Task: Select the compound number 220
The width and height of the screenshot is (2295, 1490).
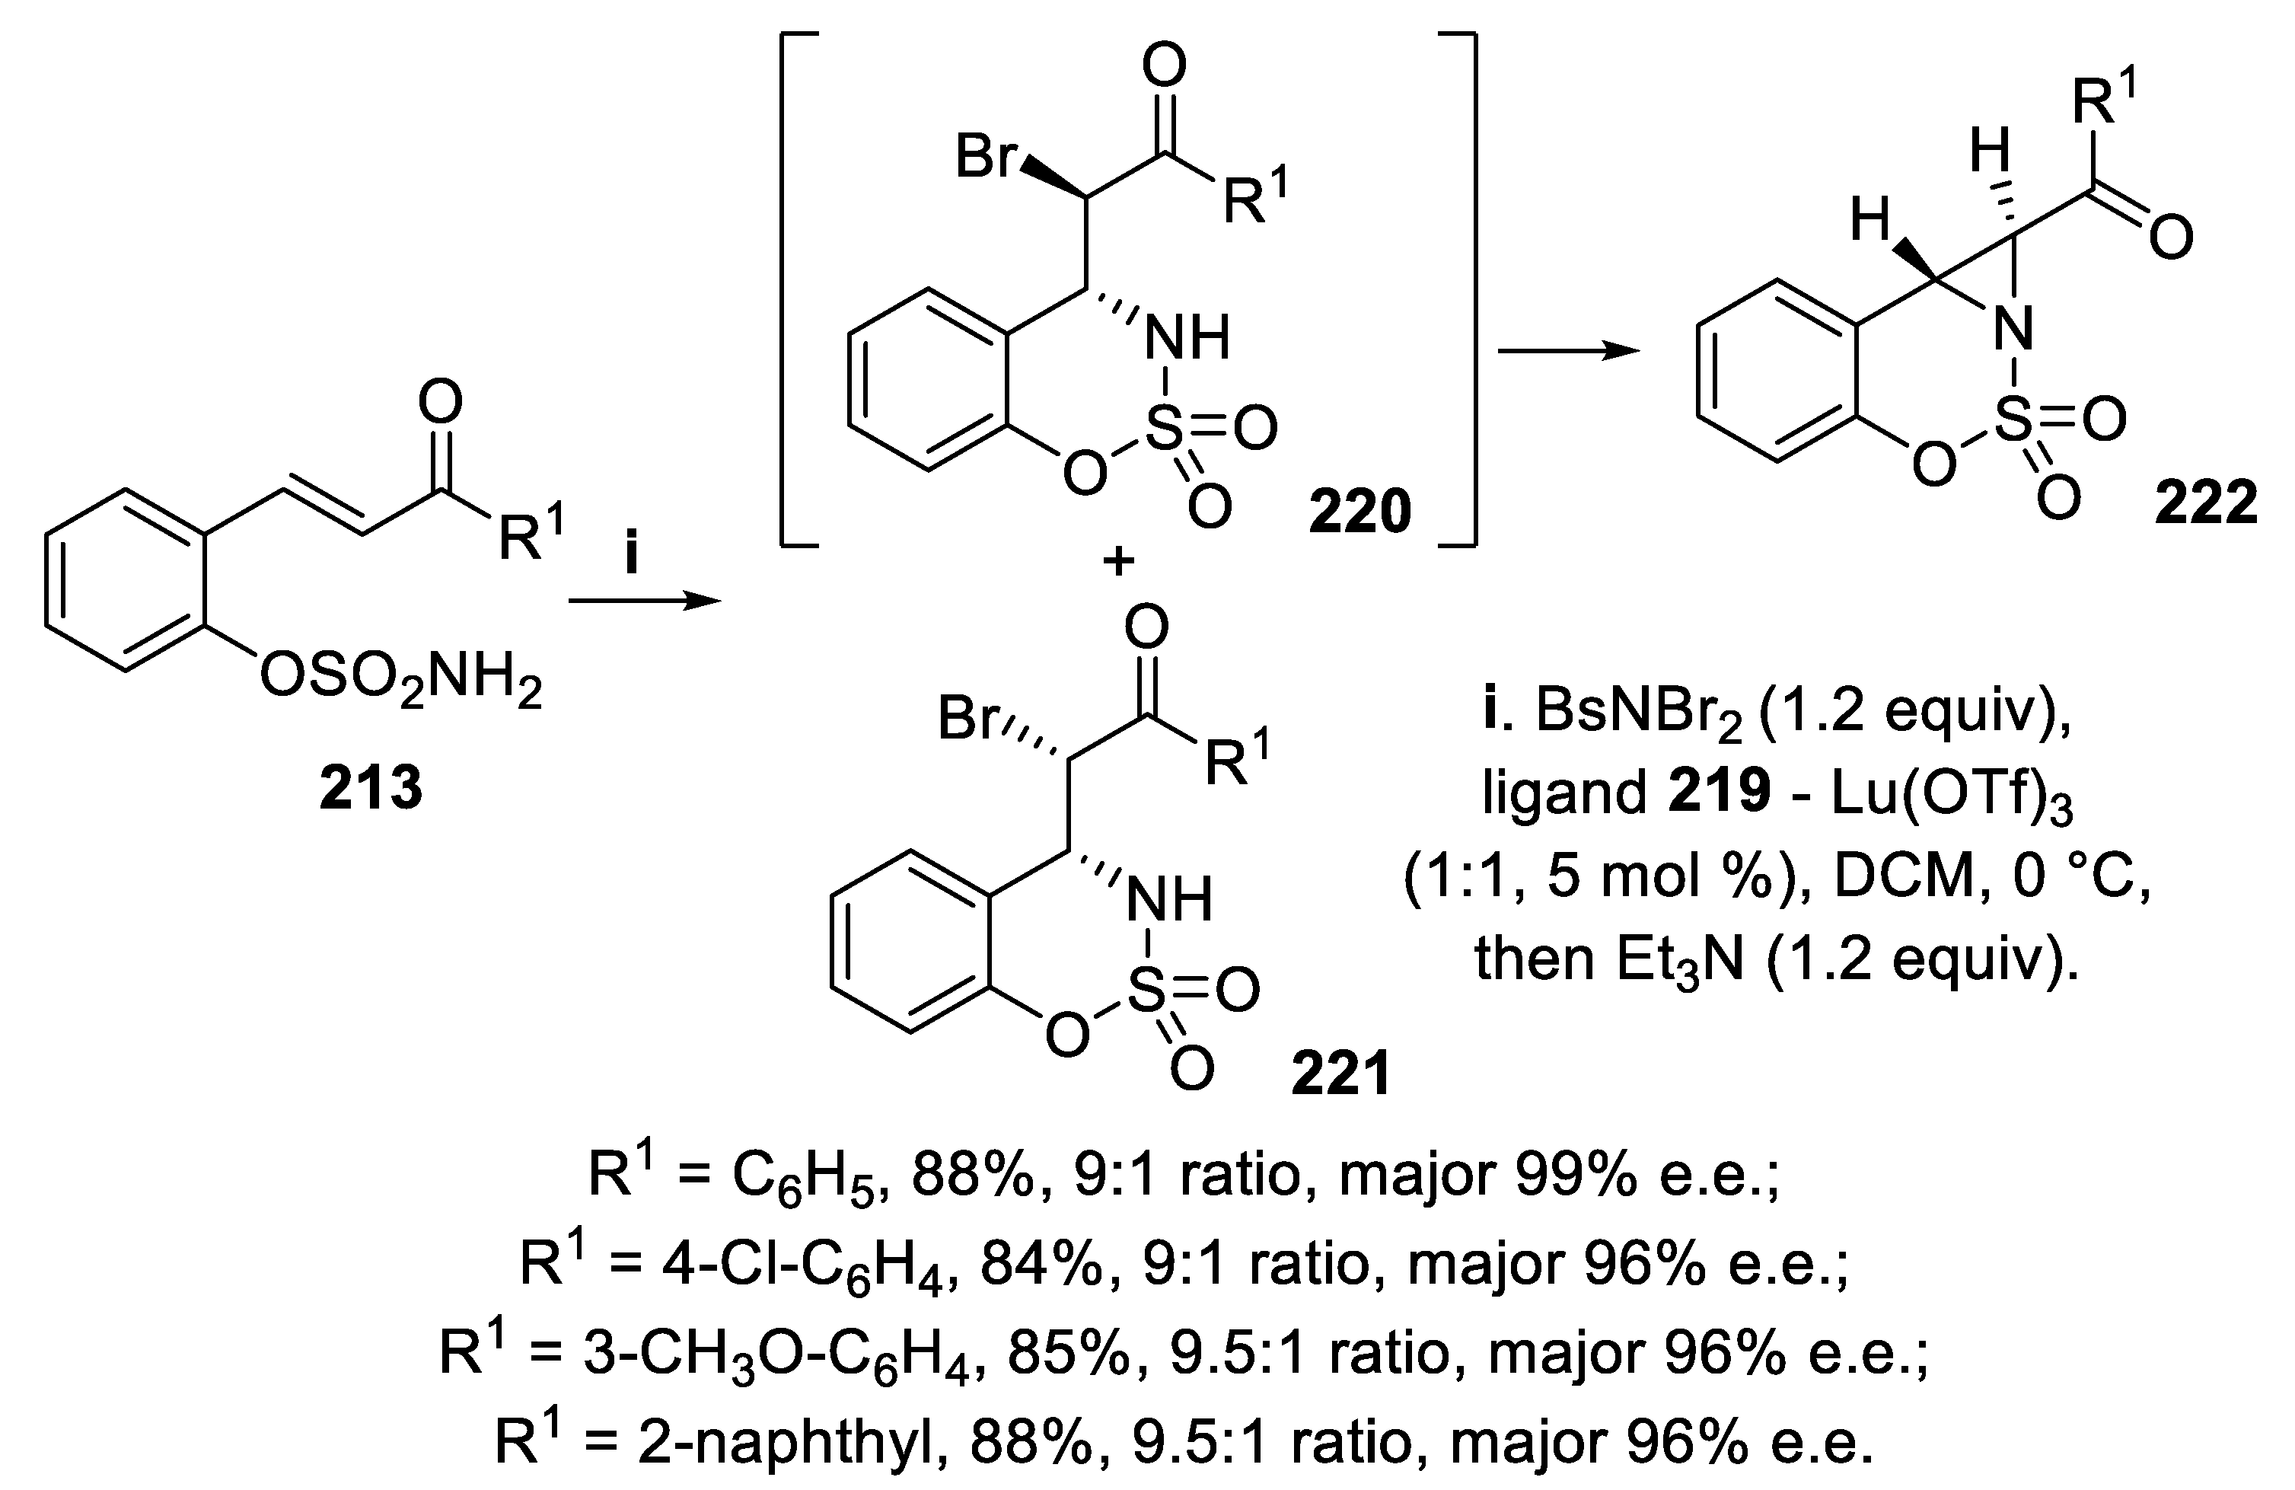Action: (x=1359, y=511)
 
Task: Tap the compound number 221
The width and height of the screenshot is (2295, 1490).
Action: (x=1341, y=1074)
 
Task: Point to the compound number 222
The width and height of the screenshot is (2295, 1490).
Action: (x=2206, y=503)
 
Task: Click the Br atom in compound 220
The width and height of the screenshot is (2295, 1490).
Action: (x=987, y=156)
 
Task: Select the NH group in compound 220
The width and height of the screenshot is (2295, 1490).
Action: (x=1186, y=339)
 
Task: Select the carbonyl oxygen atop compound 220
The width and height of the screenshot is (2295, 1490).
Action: (x=1164, y=68)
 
